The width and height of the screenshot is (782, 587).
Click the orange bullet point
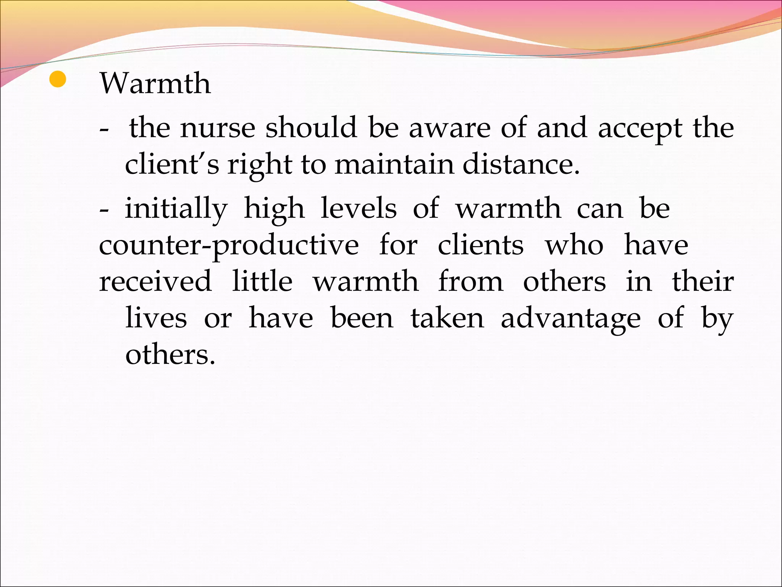coord(58,79)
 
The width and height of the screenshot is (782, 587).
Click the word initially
coord(176,209)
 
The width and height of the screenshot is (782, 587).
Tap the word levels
coord(359,209)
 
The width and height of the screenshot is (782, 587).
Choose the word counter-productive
coord(229,245)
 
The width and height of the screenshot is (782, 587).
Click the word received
coord(155,281)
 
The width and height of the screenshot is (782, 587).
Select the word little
coord(262,281)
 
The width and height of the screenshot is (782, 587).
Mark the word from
coord(470,281)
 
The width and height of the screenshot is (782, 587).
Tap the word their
coord(703,281)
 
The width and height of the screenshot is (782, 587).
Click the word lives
coord(156,318)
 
